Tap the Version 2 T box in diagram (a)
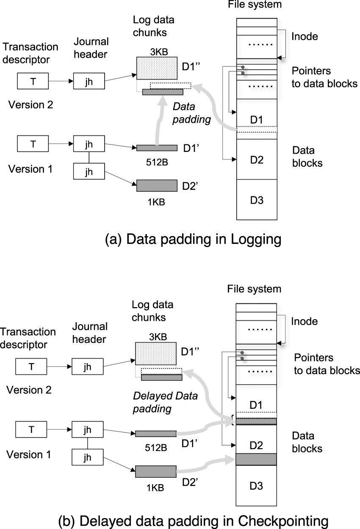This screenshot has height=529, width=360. pyautogui.click(x=33, y=81)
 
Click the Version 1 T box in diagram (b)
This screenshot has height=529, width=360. pyautogui.click(x=31, y=430)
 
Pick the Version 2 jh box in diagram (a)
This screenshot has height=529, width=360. pyautogui.click(x=88, y=81)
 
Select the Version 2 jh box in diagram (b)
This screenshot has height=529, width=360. pyautogui.click(x=87, y=366)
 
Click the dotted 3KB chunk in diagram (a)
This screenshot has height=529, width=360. pyautogui.click(x=156, y=68)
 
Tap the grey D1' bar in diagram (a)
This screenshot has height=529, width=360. pyautogui.click(x=157, y=148)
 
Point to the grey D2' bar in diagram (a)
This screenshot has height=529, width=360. pyautogui.click(x=157, y=186)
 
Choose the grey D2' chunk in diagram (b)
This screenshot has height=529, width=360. pyautogui.click(x=155, y=471)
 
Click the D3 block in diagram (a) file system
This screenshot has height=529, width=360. pyautogui.click(x=257, y=200)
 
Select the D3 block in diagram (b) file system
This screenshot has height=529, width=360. pyautogui.click(x=256, y=485)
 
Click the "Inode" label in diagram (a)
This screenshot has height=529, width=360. pyautogui.click(x=305, y=36)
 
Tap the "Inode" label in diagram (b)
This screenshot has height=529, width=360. pyautogui.click(x=304, y=321)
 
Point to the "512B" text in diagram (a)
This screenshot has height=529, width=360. pyautogui.click(x=157, y=160)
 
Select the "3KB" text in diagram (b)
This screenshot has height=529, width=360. pyautogui.click(x=157, y=337)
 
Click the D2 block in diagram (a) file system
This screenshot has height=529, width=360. pyautogui.click(x=257, y=160)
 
